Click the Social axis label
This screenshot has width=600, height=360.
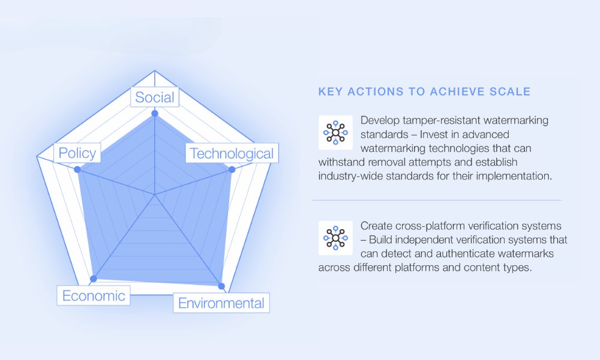(155, 97)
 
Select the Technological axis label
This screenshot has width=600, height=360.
(232, 154)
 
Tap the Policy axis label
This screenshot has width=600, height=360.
(77, 153)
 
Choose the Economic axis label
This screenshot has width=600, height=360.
(94, 295)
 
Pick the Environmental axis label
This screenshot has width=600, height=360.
(221, 303)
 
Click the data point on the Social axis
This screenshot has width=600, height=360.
(155, 113)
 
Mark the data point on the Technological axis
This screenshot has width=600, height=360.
(232, 170)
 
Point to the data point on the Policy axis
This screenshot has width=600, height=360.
(77, 170)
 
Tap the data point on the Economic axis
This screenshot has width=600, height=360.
(93, 279)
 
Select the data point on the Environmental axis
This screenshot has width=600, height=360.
(221, 286)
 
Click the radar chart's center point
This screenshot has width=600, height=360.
(155, 194)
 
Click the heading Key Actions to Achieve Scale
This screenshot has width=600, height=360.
(424, 92)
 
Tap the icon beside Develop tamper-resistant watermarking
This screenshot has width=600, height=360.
(335, 132)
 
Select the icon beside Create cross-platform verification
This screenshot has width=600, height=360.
(335, 238)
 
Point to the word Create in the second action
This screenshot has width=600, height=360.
(377, 226)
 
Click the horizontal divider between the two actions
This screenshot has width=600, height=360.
(437, 200)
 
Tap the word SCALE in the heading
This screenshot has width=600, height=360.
(511, 92)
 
